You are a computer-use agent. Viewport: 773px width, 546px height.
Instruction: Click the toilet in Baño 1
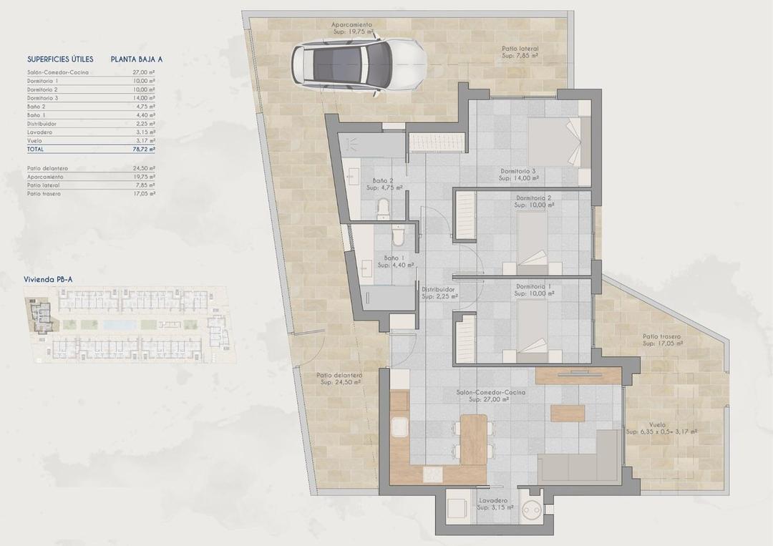(399, 235)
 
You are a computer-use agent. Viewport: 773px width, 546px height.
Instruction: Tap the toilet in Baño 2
(383, 208)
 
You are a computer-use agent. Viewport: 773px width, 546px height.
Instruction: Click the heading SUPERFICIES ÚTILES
(61, 59)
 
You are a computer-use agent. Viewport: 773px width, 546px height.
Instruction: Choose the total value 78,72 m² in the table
(145, 150)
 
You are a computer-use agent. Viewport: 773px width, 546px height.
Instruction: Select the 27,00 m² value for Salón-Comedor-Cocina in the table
(145, 72)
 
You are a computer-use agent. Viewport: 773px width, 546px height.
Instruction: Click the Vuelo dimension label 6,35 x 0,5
(661, 432)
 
